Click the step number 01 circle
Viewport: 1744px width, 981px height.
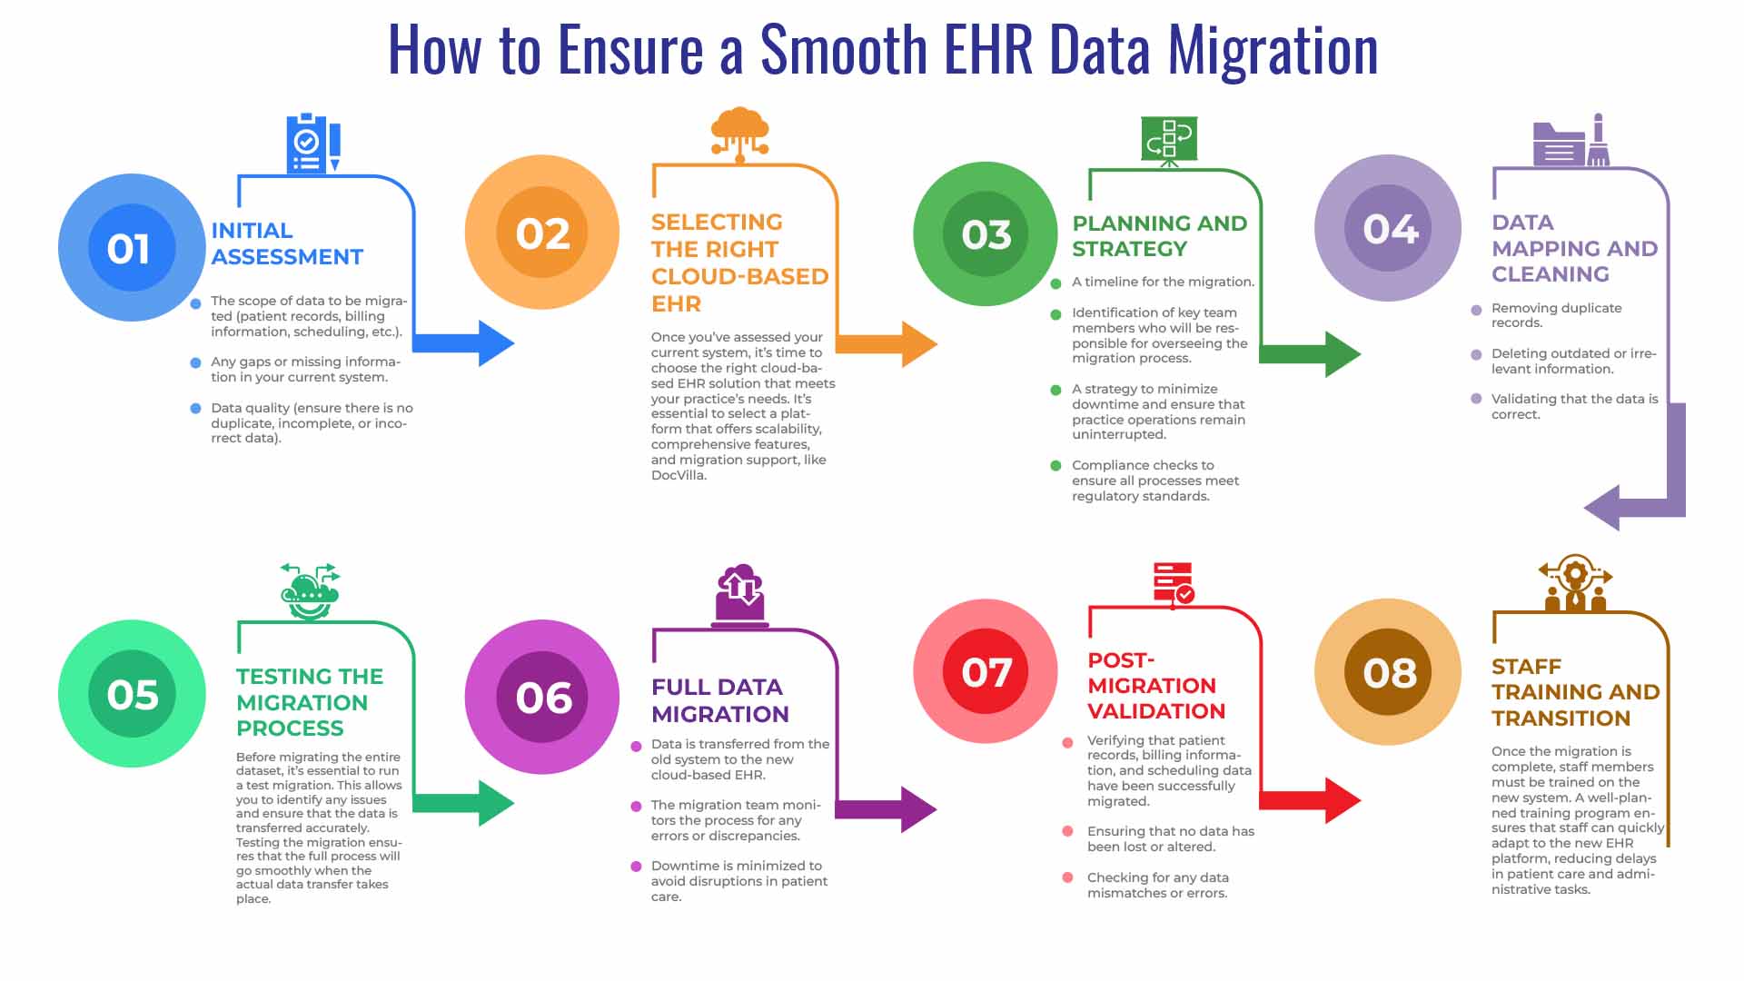click(132, 248)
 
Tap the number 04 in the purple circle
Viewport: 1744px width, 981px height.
click(1390, 229)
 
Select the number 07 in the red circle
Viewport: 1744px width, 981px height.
click(986, 672)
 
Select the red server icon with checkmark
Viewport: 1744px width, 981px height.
click(1174, 584)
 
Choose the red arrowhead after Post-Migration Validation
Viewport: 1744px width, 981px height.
click(1343, 800)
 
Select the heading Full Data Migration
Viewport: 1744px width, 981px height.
click(719, 700)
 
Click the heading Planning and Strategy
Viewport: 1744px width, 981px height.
click(1159, 236)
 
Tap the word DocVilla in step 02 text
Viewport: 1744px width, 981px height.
click(678, 475)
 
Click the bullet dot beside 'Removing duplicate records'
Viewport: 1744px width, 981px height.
click(1476, 310)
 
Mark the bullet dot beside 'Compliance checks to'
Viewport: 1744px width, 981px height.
click(1055, 466)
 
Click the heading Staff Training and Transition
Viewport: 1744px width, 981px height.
click(1575, 692)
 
